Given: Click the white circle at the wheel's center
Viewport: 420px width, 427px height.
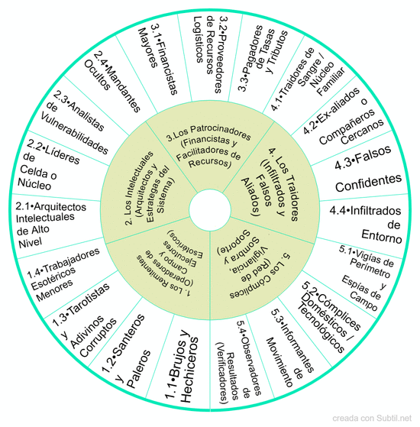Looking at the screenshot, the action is point(210,210).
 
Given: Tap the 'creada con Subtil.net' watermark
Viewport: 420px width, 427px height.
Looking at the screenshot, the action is point(372,418).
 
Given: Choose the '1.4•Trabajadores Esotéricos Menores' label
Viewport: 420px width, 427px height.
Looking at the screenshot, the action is point(63,275).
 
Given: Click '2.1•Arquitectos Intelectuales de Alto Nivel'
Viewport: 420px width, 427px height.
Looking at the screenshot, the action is point(51,224).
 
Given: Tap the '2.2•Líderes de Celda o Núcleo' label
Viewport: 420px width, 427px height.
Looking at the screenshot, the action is point(49,164).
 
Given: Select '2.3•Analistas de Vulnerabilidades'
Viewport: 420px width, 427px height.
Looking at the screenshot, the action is point(75,123).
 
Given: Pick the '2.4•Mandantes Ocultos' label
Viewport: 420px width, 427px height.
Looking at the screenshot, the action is point(112,82).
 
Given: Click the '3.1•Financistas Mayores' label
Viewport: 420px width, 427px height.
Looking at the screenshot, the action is point(158,59).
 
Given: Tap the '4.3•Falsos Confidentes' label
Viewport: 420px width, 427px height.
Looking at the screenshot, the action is point(368,170).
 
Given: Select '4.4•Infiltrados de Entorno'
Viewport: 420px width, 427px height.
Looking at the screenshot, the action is point(366,225).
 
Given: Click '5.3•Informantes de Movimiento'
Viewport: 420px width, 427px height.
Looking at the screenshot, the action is point(290,349).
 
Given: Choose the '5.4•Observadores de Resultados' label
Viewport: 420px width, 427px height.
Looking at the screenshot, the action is point(240,361).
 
